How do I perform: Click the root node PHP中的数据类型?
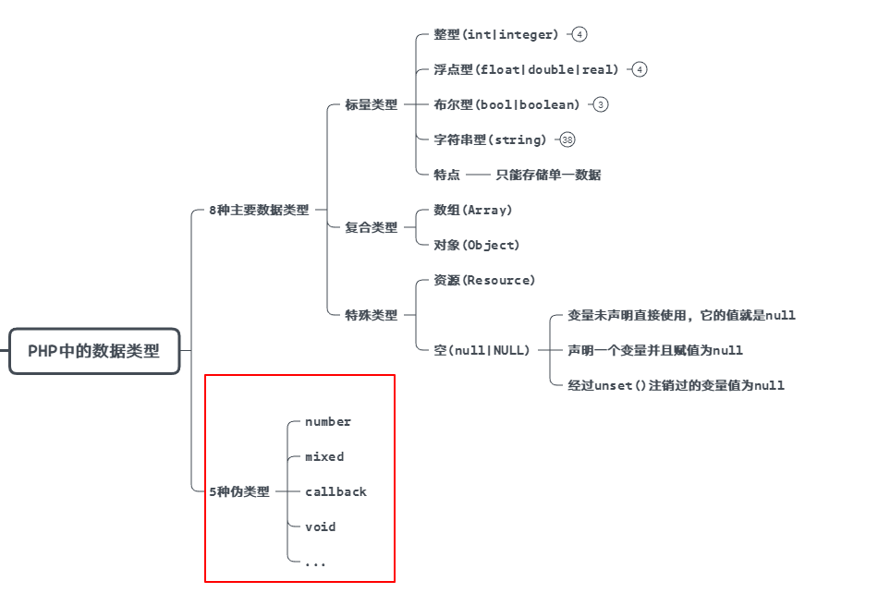94,351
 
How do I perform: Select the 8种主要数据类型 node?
259,210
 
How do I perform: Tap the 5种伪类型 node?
239,491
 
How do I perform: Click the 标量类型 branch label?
372,104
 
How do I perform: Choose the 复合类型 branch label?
372,227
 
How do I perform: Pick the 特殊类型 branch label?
372,315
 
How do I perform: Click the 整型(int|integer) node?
496,34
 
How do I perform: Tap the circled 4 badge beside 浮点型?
640,69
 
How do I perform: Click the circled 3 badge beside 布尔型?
601,104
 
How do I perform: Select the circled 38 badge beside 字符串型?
567,139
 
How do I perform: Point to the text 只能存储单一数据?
548,175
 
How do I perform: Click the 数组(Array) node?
473,210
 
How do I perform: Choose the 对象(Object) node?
477,245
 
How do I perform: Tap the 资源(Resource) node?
484,280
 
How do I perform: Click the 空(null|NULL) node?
482,350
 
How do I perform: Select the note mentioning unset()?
676,385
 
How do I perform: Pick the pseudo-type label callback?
335,491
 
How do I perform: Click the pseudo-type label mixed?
324,456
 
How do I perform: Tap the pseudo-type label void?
320,526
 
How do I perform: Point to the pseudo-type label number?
328,421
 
